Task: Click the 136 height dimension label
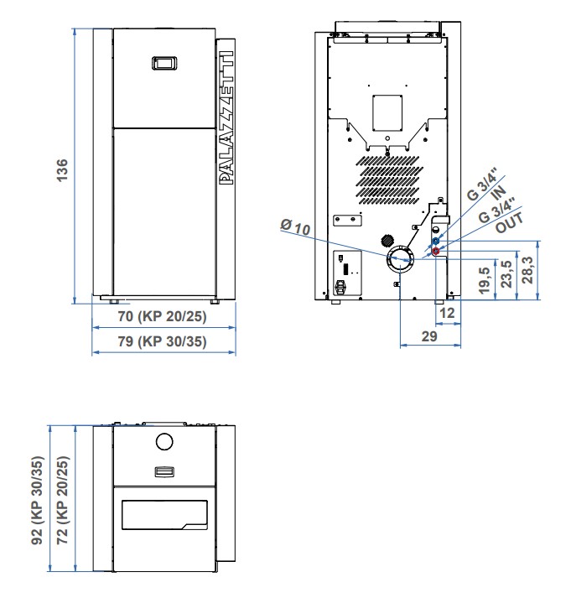(x=61, y=165)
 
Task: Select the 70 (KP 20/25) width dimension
(x=164, y=319)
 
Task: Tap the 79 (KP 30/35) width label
(x=164, y=341)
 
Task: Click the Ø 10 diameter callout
(x=295, y=226)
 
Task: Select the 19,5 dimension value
(x=483, y=282)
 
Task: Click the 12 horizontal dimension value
(x=447, y=313)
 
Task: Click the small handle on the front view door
(x=164, y=63)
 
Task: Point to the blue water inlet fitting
(x=435, y=241)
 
